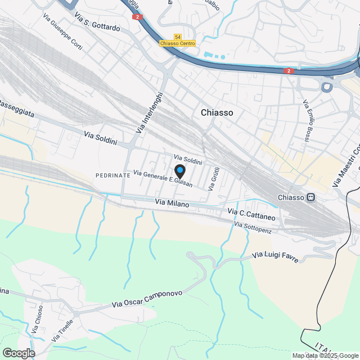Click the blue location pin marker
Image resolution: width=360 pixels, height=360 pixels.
tap(179, 171)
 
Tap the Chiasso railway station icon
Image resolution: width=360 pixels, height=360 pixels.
tap(310, 197)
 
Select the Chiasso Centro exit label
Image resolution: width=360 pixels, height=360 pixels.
tap(177, 43)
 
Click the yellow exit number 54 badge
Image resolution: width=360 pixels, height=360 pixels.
tap(178, 37)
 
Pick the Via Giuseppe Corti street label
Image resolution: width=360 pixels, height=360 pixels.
tap(62, 32)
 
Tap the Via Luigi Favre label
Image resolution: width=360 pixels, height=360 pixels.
tap(274, 256)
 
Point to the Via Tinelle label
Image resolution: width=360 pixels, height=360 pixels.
tap(62, 331)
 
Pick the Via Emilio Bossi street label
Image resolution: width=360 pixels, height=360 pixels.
tap(310, 120)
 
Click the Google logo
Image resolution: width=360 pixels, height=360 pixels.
tap(19, 353)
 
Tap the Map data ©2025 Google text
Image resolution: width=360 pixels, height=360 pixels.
tap(325, 355)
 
